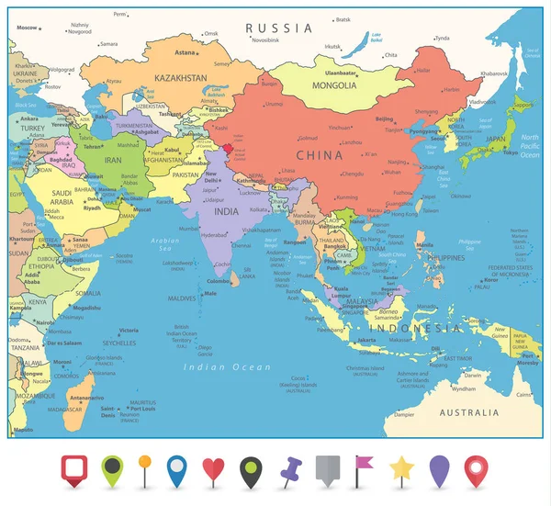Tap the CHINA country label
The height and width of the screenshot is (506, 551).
(x=320, y=154)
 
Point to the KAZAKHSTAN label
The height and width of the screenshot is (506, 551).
(x=180, y=79)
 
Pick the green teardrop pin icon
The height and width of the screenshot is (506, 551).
(x=113, y=470)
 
